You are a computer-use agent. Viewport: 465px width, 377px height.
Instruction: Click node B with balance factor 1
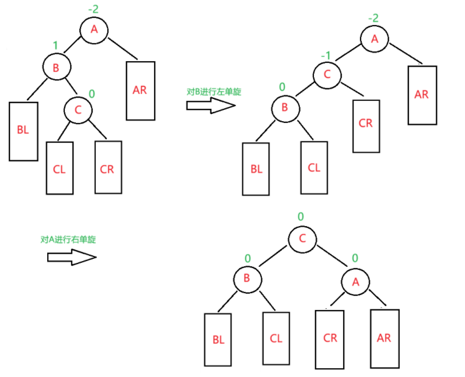pyautogui.click(x=56, y=68)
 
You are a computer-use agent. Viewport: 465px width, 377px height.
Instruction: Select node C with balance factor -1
pyautogui.click(x=327, y=74)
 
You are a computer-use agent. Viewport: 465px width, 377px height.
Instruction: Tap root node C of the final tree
pyautogui.click(x=302, y=238)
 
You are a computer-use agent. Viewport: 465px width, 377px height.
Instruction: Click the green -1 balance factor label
pyautogui.click(x=326, y=56)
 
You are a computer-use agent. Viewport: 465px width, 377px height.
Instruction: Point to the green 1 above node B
pyautogui.click(x=55, y=45)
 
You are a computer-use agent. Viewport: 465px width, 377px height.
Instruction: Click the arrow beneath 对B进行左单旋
pyautogui.click(x=210, y=105)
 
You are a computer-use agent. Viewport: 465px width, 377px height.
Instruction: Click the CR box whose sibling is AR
pyautogui.click(x=330, y=339)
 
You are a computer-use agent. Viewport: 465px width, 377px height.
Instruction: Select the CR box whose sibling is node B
pyautogui.click(x=365, y=123)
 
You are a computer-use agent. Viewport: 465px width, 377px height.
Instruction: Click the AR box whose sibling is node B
pyautogui.click(x=140, y=90)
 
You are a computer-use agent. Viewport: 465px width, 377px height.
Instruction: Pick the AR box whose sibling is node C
pyautogui.click(x=421, y=95)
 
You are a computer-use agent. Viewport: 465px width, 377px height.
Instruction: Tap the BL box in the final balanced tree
pyautogui.click(x=218, y=339)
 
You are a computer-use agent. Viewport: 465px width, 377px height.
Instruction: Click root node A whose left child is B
pyautogui.click(x=93, y=29)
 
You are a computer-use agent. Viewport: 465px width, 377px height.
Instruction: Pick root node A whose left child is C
pyautogui.click(x=375, y=38)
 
